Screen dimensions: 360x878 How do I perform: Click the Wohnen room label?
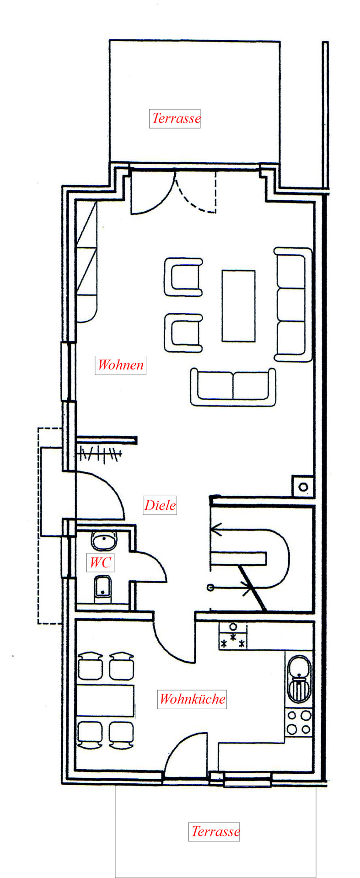(x=121, y=365)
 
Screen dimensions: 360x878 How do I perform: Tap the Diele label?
(x=160, y=505)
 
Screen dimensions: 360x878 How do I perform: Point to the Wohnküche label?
(x=192, y=699)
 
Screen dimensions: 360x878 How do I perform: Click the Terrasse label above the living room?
(x=175, y=118)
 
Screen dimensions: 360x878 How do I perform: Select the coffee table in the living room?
(x=238, y=305)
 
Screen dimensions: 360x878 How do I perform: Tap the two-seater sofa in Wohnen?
(x=233, y=387)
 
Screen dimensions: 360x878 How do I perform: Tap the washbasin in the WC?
(x=105, y=541)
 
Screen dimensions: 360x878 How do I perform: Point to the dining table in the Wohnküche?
(x=105, y=701)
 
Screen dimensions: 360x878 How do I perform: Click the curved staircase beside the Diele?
(x=250, y=559)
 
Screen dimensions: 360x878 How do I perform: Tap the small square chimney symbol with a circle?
(x=303, y=487)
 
